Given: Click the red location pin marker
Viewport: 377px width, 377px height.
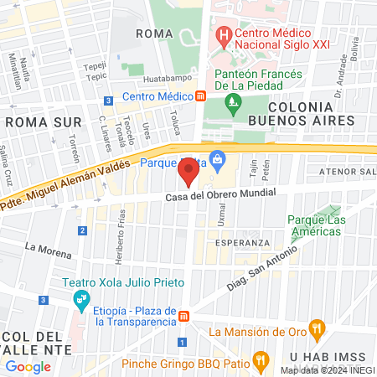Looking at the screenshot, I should click(x=188, y=173).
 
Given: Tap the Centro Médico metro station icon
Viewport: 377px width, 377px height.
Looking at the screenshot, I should click(x=201, y=96).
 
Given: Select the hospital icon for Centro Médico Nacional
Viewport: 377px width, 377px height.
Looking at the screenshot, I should click(x=224, y=36).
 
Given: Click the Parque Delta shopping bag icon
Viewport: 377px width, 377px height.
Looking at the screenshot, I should click(x=218, y=158).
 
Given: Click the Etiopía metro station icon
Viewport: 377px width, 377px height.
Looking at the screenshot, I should click(x=183, y=314).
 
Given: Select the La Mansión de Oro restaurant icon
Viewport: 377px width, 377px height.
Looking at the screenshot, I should click(x=316, y=328).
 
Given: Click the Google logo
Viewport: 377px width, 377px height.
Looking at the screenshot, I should click(x=28, y=366).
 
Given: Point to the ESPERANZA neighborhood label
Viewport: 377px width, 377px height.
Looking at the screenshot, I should click(x=241, y=242).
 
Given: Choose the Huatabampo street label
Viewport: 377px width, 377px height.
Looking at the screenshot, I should click(x=162, y=79).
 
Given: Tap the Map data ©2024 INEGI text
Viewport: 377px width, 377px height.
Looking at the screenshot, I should click(x=326, y=370).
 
